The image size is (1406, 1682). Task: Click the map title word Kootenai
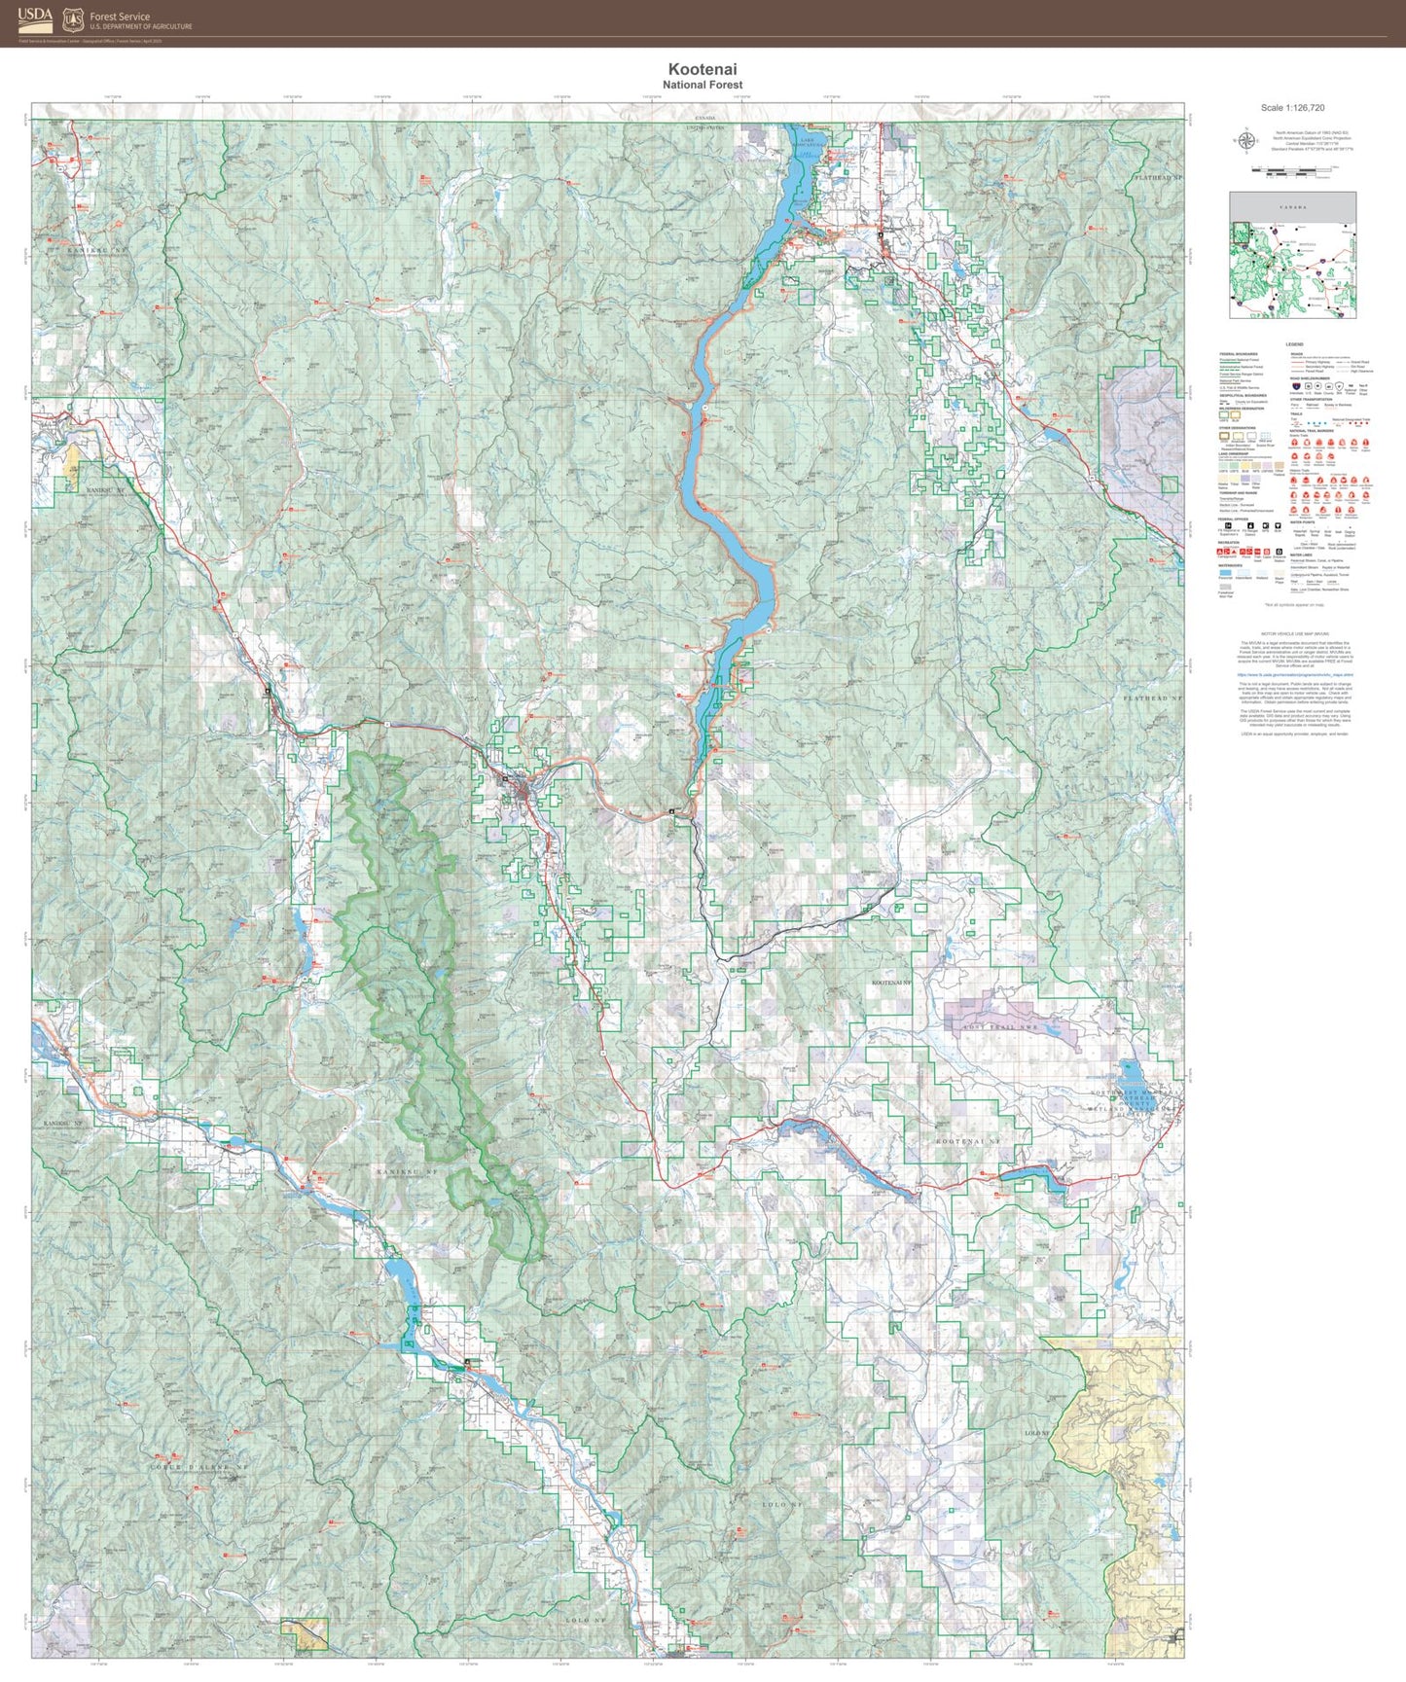point(702,69)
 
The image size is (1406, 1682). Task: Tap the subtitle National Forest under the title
point(702,86)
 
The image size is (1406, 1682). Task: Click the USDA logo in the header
point(35,18)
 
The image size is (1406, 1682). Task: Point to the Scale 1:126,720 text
point(1292,108)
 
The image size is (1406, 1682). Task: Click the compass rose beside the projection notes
point(1244,141)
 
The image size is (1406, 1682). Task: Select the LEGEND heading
point(1293,345)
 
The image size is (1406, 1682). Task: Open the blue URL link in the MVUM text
point(1294,673)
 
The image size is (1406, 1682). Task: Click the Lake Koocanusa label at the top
point(811,143)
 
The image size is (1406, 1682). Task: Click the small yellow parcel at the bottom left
point(304,1634)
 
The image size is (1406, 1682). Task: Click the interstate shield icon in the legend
point(1295,386)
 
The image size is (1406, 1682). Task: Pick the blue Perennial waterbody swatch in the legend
point(1225,574)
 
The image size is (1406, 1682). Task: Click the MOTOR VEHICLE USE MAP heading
point(1294,632)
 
